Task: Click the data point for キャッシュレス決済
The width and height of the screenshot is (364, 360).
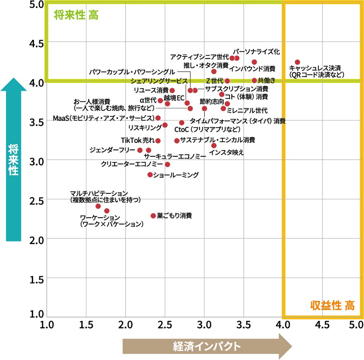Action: coord(297,62)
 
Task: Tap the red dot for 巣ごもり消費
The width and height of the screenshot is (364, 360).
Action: coord(153,216)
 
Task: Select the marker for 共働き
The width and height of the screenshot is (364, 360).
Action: coord(254,81)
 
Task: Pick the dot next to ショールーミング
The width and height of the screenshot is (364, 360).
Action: coord(150,174)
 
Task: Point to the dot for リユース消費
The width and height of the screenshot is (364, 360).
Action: coord(172,90)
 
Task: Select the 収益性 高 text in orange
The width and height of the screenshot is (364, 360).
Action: coord(332,306)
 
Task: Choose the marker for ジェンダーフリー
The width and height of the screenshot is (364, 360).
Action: coord(140,150)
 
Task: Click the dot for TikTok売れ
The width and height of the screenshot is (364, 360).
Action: coord(158,141)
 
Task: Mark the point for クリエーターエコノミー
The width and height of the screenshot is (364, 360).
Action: coord(167,164)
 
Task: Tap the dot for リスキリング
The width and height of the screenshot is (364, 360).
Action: coord(165,125)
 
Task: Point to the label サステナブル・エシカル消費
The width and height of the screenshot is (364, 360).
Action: coord(217,140)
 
